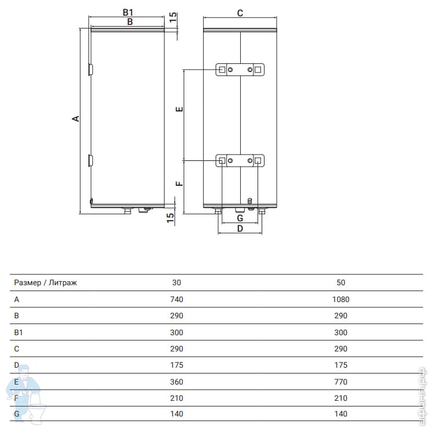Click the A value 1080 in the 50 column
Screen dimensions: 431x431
click(341, 299)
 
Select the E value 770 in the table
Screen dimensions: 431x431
click(341, 382)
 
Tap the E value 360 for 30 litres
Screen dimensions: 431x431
click(176, 382)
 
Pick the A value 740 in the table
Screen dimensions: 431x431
click(176, 299)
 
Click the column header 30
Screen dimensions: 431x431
click(176, 282)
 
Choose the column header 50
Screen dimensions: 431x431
click(341, 282)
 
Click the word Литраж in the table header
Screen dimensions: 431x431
click(63, 283)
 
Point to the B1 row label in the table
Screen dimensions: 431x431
click(19, 332)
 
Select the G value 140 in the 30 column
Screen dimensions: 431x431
click(176, 414)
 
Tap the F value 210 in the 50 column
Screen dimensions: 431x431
click(341, 398)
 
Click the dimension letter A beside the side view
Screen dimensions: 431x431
click(75, 118)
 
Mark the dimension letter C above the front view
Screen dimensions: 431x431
click(240, 13)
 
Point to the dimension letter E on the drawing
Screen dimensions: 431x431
click(179, 109)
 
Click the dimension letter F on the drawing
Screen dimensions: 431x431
click(179, 184)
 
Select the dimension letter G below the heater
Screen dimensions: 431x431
click(240, 218)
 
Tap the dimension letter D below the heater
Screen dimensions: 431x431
click(240, 228)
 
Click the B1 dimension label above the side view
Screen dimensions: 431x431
click(128, 12)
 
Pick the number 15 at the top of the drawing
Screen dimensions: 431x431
click(173, 17)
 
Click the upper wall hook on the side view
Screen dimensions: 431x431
click(90, 70)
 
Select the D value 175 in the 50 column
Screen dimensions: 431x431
click(341, 365)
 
